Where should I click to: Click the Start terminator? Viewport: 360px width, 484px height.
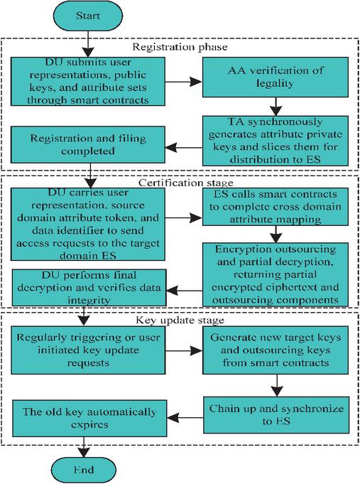[x=88, y=16]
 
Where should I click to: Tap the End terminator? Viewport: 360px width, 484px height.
[x=84, y=470]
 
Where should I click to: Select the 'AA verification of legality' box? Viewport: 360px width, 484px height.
[x=276, y=77]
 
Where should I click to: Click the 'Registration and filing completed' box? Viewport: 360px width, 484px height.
[x=88, y=144]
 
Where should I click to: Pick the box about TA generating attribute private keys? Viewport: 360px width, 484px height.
[x=276, y=141]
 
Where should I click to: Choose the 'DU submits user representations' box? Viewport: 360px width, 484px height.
[x=88, y=82]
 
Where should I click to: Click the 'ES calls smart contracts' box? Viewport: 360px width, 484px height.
[x=276, y=207]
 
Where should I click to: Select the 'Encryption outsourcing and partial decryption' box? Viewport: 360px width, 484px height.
[x=276, y=274]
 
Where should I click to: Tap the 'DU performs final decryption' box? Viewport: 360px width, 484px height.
[x=89, y=287]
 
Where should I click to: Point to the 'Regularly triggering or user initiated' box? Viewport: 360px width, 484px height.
[x=88, y=350]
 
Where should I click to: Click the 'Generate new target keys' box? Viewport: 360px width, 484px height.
[x=276, y=350]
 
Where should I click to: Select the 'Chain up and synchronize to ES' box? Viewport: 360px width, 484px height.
[x=276, y=415]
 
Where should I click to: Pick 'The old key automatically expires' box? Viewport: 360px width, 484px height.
[x=89, y=419]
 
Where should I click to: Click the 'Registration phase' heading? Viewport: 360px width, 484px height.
[x=180, y=47]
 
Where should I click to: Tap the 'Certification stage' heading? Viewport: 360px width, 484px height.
[x=186, y=183]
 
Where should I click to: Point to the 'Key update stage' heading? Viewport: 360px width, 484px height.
[x=180, y=320]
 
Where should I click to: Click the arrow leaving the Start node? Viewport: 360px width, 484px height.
[x=88, y=44]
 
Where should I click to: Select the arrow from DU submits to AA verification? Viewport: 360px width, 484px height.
[x=183, y=82]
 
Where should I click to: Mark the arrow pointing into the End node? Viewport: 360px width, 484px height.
[x=84, y=447]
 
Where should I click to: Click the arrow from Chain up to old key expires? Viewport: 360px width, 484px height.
[x=185, y=418]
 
